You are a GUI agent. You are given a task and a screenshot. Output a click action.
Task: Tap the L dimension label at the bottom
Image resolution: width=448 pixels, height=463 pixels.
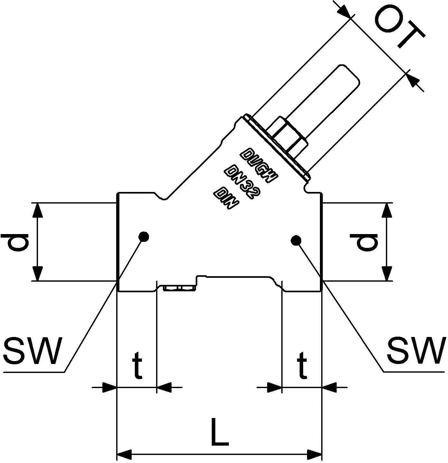coord(220,432)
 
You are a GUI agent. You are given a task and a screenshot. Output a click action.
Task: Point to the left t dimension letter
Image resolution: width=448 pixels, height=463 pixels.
coord(137,365)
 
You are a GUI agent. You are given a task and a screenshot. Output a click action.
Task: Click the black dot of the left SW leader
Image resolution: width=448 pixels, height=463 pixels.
coord(144,237)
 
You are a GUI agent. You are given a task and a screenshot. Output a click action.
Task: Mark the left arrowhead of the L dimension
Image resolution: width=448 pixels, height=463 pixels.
coord(124,455)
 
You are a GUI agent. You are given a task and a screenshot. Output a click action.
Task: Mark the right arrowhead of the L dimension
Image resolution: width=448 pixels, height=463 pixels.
coord(314,455)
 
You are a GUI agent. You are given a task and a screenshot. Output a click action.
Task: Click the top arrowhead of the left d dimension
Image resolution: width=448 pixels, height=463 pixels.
coord(38,211)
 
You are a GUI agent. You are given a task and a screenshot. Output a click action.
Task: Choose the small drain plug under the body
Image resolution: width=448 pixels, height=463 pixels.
coord(179,288)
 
